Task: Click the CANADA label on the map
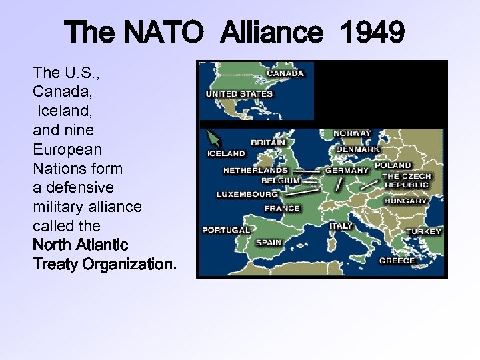point(285,73)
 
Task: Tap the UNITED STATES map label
point(239,94)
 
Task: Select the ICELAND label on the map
point(226,153)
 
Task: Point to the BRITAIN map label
point(268,142)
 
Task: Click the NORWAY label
point(352,133)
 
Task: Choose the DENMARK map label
point(357,149)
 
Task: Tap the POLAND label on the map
point(393,165)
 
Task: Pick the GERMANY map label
point(347,170)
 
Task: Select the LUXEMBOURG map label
point(247,195)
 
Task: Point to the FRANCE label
point(282,208)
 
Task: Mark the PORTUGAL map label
point(226,230)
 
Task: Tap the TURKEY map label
point(424,231)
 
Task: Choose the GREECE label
point(397,261)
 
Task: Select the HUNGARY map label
point(405,201)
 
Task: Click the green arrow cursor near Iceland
point(214,138)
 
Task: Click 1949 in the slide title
point(372,32)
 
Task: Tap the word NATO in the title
point(159,32)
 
